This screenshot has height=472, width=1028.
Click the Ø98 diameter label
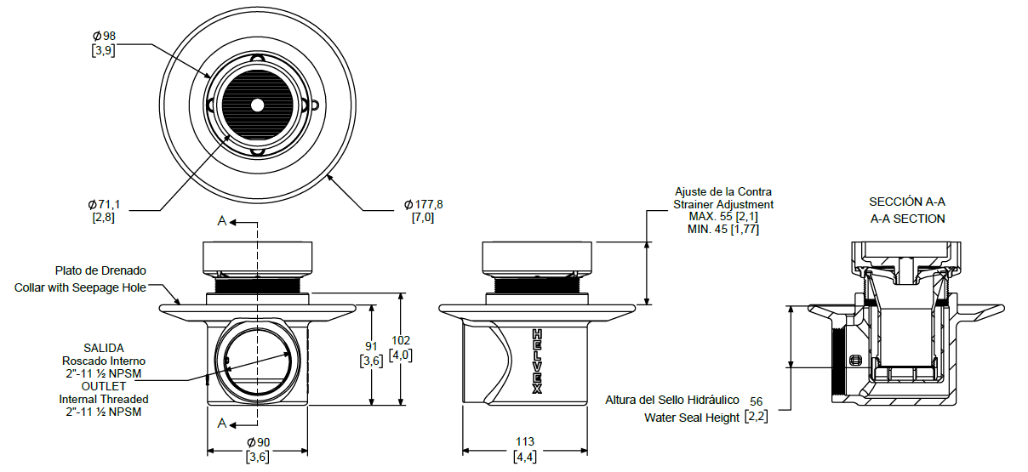click(x=103, y=36)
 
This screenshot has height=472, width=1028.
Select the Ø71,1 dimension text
click(x=103, y=204)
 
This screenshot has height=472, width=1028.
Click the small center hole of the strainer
click(x=257, y=105)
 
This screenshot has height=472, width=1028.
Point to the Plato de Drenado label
click(x=101, y=270)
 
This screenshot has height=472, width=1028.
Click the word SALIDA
click(x=103, y=348)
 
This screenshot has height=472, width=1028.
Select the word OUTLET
click(x=103, y=386)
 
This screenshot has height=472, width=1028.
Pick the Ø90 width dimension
click(x=258, y=442)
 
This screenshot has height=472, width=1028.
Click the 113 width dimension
click(x=525, y=442)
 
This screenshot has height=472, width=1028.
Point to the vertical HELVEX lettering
click(x=537, y=361)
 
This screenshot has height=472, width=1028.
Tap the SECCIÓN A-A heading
click(x=907, y=202)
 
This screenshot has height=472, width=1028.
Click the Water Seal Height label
click(x=691, y=418)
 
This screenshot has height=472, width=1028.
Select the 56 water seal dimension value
click(x=757, y=400)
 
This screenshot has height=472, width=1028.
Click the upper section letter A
click(x=222, y=221)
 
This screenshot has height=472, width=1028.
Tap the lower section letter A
click(x=222, y=423)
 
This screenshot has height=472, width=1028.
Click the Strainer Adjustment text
click(x=723, y=204)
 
